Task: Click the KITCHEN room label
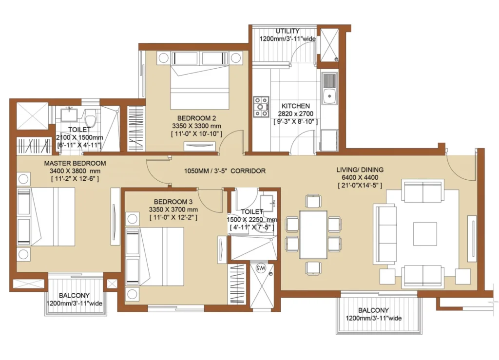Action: pos(296,106)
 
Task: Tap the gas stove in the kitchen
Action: pos(261,107)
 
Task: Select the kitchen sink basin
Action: pos(329,95)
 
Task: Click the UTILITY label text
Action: pos(288,31)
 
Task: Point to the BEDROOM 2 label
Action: pos(197,118)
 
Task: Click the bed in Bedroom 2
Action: pos(199,86)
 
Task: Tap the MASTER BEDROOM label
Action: pos(75,164)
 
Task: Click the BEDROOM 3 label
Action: pos(173,202)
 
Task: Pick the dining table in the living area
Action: pos(313,235)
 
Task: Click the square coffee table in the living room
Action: pos(425,234)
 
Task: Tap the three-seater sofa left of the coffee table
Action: pos(385,234)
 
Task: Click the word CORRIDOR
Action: pos(248,171)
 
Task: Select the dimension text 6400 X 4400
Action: pos(360,177)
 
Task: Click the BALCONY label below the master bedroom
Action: pos(74,295)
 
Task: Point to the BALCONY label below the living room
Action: pos(373,310)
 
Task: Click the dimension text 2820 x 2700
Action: pos(296,114)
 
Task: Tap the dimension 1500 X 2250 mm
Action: pos(252,220)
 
